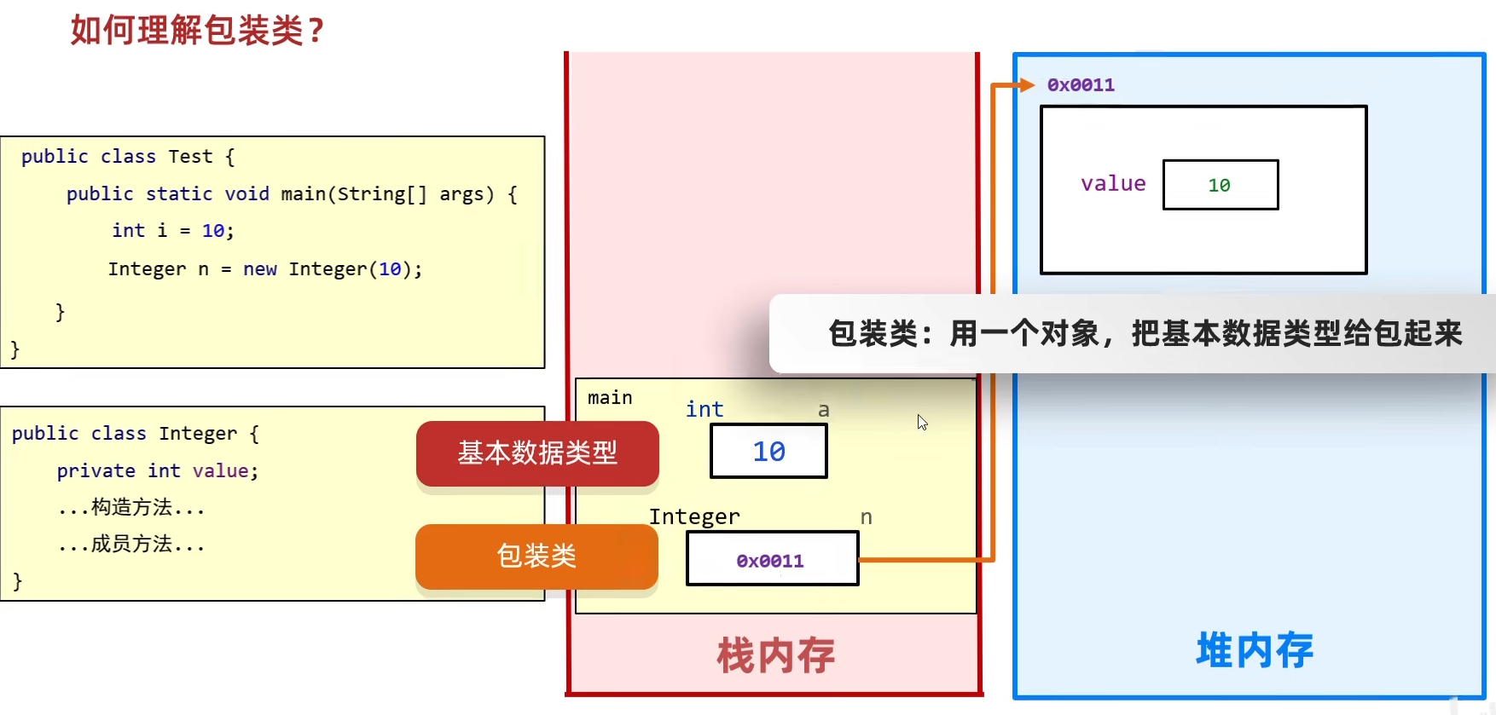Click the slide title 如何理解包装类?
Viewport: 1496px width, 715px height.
pyautogui.click(x=197, y=31)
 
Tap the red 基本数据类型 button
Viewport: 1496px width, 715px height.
pyautogui.click(x=537, y=453)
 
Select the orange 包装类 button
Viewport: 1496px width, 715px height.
pyautogui.click(x=536, y=556)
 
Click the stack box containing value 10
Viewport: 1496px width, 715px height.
pyautogui.click(x=768, y=451)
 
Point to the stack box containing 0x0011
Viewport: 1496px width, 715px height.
pyautogui.click(x=772, y=559)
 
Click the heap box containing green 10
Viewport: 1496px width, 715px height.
pyautogui.click(x=1220, y=185)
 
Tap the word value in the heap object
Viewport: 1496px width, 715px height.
pyautogui.click(x=1113, y=183)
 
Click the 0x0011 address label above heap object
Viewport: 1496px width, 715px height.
pyautogui.click(x=1081, y=85)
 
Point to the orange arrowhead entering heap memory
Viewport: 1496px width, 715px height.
pyautogui.click(x=1027, y=85)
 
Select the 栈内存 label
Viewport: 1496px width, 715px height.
pyautogui.click(x=775, y=655)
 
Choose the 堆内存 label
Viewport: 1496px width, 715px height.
pyautogui.click(x=1255, y=651)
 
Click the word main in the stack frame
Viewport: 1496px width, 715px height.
pyautogui.click(x=610, y=398)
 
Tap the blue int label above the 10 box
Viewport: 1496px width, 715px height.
pyautogui.click(x=705, y=410)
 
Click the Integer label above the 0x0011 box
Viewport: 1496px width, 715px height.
pyautogui.click(x=694, y=517)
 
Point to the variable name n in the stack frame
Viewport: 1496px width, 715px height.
pyautogui.click(x=866, y=517)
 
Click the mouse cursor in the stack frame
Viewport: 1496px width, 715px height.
pyautogui.click(x=922, y=422)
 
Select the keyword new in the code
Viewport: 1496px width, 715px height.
pyautogui.click(x=260, y=269)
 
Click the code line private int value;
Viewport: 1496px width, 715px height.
pyautogui.click(x=158, y=471)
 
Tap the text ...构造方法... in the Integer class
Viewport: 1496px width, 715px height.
pyautogui.click(x=131, y=508)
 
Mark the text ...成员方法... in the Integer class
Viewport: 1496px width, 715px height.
pyautogui.click(x=131, y=545)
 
